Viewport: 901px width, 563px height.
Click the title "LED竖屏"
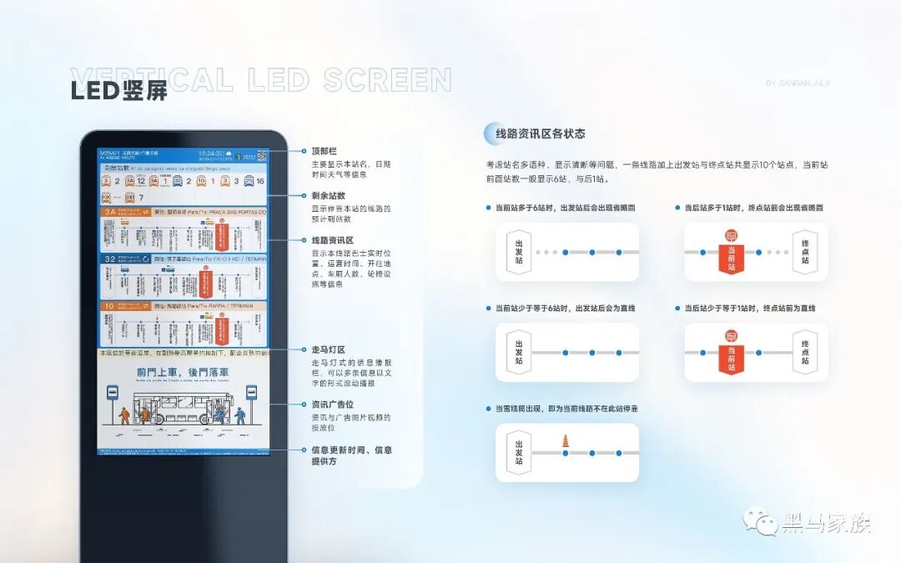[119, 91]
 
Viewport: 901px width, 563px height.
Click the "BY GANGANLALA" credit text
[798, 83]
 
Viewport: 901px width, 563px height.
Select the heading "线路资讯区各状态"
[541, 133]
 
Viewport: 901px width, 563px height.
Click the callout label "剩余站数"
[327, 195]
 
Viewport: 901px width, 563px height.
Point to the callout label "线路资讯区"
[332, 239]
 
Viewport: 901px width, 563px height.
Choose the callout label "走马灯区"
[327, 349]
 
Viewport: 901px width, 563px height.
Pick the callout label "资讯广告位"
[332, 405]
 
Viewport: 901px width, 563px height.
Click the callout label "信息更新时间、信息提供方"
[351, 455]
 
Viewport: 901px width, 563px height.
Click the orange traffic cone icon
[565, 440]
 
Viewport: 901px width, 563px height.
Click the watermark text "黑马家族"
[826, 524]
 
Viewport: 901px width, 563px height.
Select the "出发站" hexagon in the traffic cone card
[519, 452]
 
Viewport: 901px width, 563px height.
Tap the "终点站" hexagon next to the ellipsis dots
[804, 252]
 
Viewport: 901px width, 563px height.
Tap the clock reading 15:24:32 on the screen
[209, 153]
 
